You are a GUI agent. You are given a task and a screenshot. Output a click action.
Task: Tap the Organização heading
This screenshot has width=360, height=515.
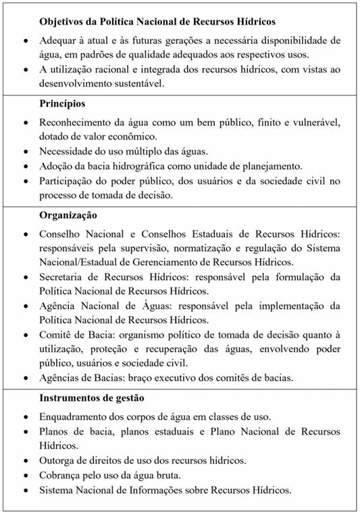[68, 215]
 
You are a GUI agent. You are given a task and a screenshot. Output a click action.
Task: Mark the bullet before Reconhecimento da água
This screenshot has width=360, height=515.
[25, 124]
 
